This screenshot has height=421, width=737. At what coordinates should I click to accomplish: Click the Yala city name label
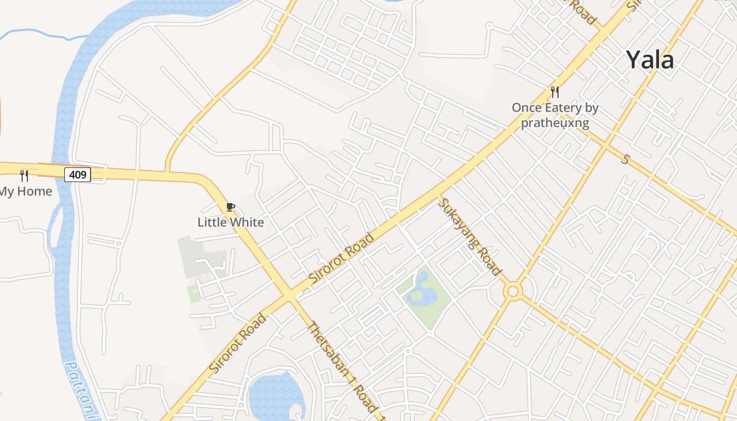650,60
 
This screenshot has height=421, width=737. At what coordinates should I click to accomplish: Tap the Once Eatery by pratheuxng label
555,115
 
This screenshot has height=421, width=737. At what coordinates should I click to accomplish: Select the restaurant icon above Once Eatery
555,92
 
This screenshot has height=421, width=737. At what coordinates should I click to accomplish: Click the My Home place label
26,192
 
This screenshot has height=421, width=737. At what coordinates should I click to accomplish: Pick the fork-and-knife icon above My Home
24,175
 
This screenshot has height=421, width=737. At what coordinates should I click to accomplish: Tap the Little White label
231,222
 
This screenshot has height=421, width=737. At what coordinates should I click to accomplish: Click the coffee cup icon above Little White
230,207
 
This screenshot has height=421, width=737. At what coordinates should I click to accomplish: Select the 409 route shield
77,174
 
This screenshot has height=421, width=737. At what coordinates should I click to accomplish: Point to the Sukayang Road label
470,237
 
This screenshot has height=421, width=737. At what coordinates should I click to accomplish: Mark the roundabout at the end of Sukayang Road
512,291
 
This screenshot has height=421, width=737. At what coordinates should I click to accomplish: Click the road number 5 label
625,158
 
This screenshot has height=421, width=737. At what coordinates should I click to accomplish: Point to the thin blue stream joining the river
42,35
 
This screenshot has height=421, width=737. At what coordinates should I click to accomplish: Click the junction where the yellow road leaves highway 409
167,172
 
